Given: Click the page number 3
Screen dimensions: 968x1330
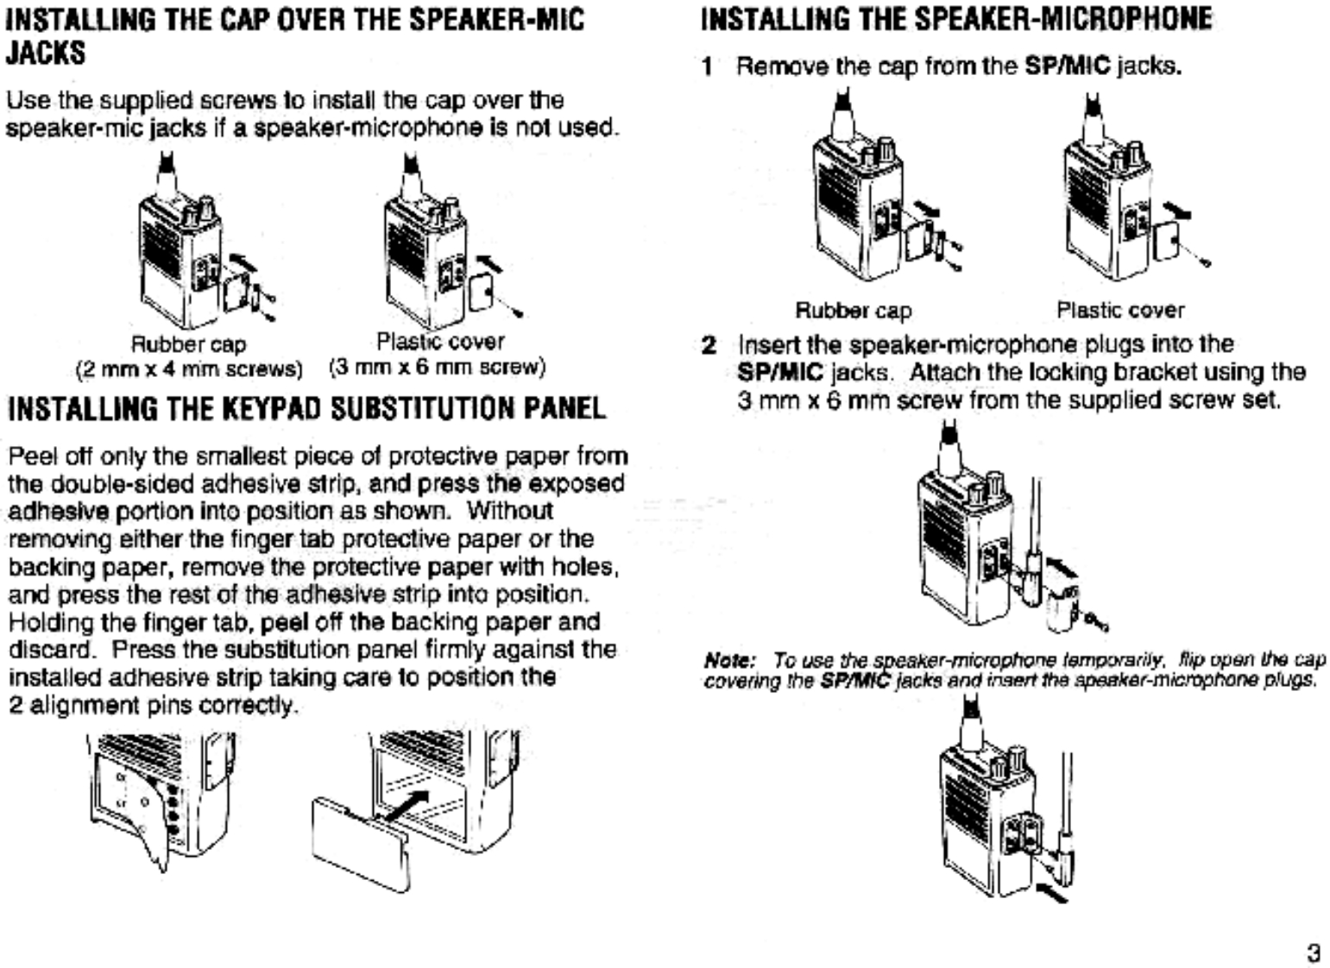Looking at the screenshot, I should tap(1313, 953).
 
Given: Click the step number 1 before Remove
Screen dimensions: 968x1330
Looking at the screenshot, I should tap(707, 66).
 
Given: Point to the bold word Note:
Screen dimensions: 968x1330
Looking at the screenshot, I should tap(729, 661).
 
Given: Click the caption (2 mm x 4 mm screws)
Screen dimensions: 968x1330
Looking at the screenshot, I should tap(189, 369).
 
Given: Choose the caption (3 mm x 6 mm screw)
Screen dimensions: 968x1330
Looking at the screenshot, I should tap(438, 368).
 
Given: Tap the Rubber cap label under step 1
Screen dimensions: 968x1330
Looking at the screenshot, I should tap(853, 311).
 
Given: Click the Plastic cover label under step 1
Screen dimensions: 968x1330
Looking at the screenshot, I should tap(1120, 310).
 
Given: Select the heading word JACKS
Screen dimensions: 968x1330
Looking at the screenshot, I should tap(47, 53).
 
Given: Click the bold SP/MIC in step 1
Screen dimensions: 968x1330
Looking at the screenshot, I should tap(1067, 66).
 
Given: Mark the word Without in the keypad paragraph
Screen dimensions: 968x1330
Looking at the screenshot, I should tap(510, 511).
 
